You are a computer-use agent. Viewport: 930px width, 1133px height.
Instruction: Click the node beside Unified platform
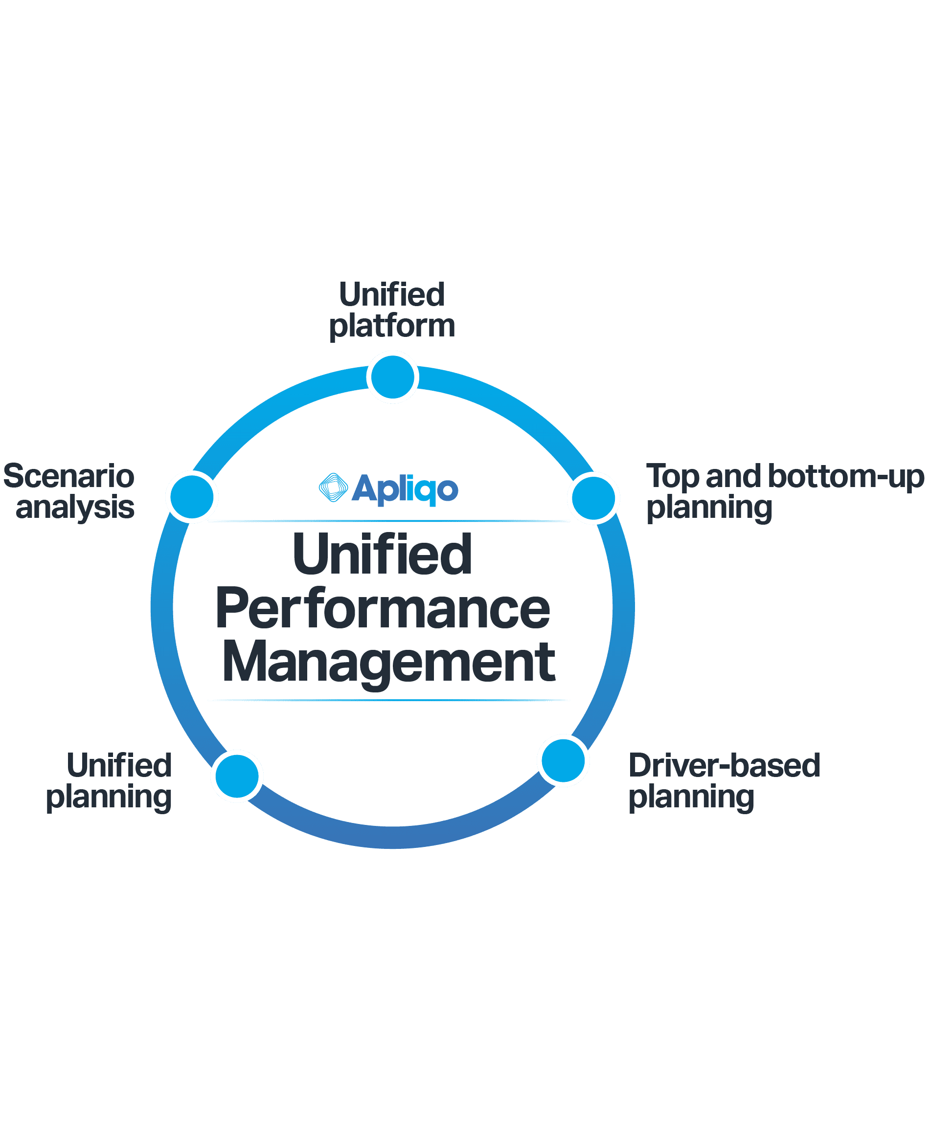point(393,377)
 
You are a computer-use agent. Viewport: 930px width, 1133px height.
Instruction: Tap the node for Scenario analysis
point(192,497)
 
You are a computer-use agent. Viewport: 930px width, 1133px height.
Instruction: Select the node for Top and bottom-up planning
point(593,498)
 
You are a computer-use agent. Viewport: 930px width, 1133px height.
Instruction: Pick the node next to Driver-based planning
point(563,760)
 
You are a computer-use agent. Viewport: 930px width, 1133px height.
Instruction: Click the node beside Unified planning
point(237,776)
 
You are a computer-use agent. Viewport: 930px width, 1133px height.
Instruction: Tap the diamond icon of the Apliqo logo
point(333,488)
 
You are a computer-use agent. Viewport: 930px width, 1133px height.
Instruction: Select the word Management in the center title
point(388,664)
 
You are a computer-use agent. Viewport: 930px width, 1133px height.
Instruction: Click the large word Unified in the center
point(383,554)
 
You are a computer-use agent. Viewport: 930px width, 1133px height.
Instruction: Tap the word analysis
point(75,508)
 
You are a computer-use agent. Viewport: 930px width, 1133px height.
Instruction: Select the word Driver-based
point(725,765)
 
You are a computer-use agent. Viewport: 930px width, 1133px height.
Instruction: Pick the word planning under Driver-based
point(691,797)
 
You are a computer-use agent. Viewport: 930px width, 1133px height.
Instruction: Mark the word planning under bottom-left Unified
point(109,797)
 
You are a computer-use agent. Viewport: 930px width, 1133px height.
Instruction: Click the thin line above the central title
point(388,520)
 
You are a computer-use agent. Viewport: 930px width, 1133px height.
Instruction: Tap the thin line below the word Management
point(388,700)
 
